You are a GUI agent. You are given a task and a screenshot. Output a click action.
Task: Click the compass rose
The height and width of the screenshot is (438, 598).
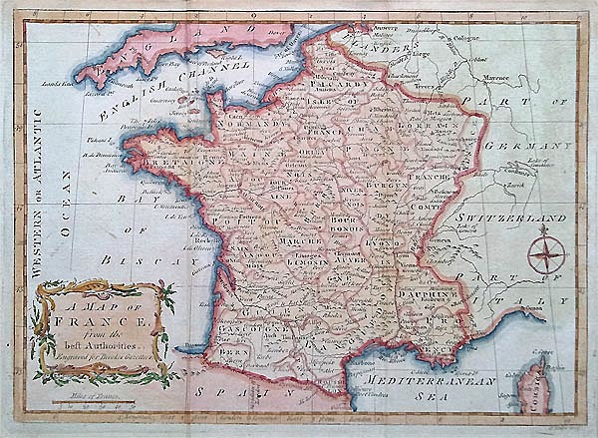pos(546,250)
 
